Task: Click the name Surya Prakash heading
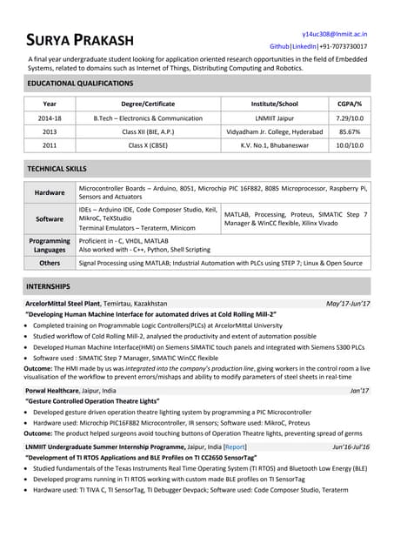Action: (80, 40)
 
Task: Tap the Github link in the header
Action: (279, 45)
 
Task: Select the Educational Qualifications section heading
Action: (80, 84)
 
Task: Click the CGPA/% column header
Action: (350, 104)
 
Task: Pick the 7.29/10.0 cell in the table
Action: (350, 117)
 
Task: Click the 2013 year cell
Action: (50, 131)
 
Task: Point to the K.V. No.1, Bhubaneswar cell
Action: (274, 145)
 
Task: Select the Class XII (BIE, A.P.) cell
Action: (147, 131)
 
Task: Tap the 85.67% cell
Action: (350, 131)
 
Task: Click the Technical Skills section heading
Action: (57, 168)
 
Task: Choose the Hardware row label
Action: (50, 192)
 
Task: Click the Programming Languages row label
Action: (50, 245)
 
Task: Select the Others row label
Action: (50, 262)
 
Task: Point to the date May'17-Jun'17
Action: (347, 303)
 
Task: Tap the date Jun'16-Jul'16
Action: (351, 446)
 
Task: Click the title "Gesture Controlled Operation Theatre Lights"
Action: (92, 401)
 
